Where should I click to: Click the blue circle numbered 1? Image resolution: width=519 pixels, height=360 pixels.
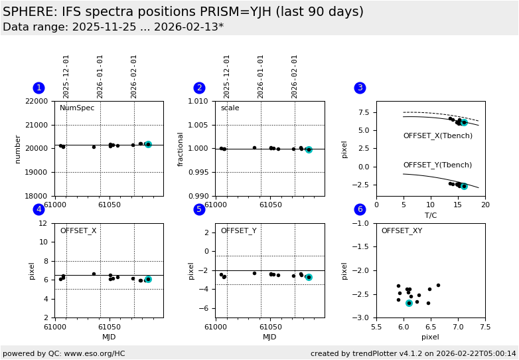click(38, 88)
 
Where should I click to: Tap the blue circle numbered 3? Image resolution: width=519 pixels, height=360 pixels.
click(360, 88)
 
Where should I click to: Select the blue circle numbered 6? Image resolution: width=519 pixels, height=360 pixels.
click(360, 209)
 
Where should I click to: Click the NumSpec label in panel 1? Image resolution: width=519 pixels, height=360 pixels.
click(77, 108)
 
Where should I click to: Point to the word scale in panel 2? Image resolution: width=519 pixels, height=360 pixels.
click(230, 108)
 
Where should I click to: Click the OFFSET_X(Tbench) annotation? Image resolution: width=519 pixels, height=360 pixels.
click(437, 136)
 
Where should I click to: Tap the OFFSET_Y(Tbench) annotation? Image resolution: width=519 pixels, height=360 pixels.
click(437, 165)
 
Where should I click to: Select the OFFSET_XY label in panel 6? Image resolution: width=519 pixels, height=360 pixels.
click(402, 231)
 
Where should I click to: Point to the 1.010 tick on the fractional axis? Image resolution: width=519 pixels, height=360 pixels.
click(199, 102)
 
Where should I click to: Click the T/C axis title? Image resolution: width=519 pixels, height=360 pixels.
click(430, 215)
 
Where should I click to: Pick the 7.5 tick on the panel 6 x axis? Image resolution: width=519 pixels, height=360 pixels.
click(485, 327)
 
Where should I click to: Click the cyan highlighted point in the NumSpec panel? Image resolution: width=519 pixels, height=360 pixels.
click(148, 144)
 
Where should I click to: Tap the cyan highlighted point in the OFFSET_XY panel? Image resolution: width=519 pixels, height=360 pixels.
click(409, 303)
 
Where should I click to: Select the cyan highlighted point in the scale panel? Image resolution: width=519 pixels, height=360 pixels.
click(309, 150)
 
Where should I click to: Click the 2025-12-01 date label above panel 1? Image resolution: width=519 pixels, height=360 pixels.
click(66, 76)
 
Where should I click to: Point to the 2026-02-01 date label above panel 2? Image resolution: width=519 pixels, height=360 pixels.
click(295, 76)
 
